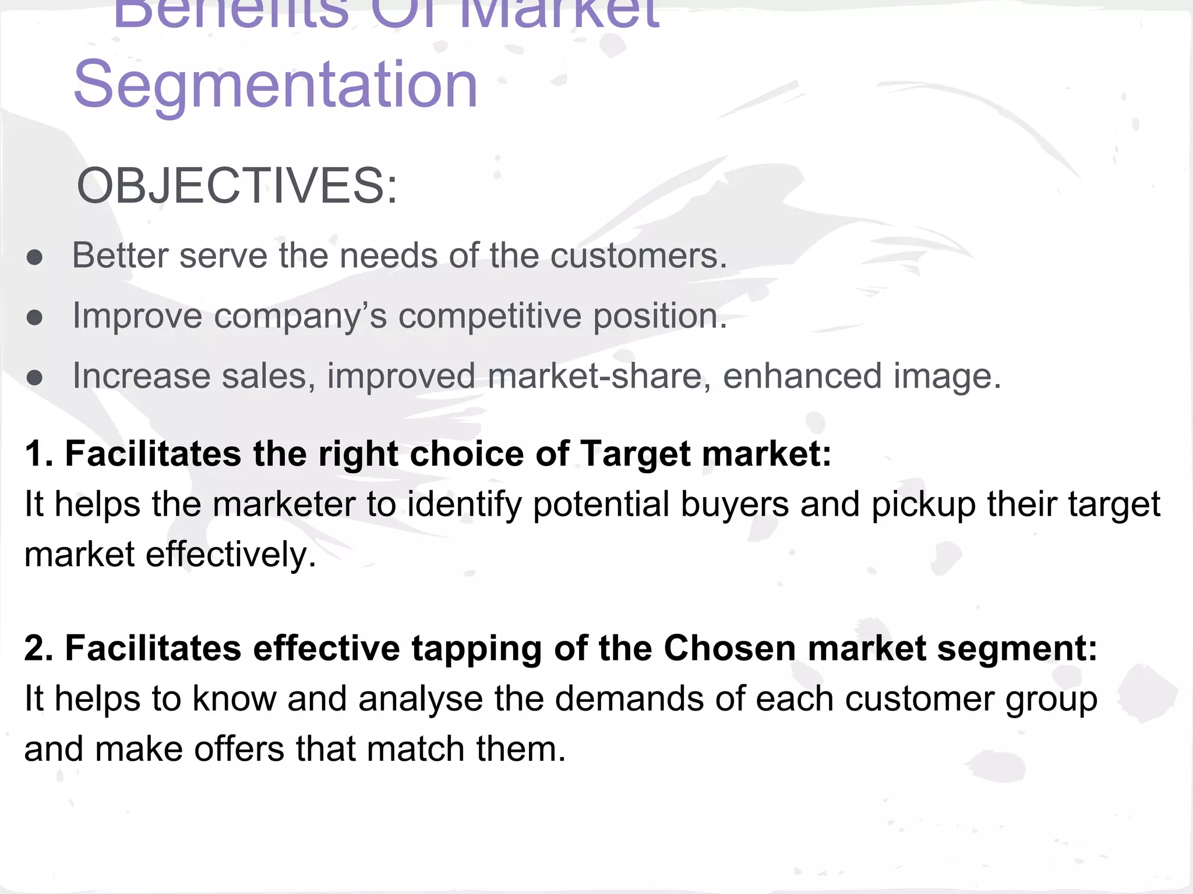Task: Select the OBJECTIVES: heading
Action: [237, 186]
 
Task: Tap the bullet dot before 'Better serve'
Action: [35, 258]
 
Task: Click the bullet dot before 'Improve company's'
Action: [35, 318]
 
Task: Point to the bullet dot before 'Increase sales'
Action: [35, 378]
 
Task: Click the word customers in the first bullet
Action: [638, 256]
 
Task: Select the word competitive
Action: [490, 316]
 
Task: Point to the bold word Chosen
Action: [730, 648]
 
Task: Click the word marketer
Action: [284, 504]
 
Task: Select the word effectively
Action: [231, 554]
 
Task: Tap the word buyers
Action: [735, 505]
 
